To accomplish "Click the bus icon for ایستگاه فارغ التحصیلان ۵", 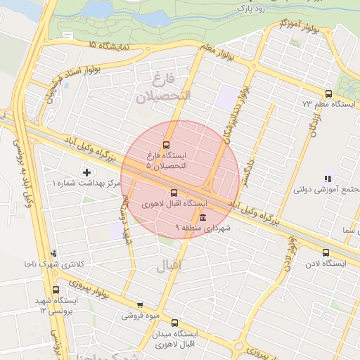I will pos(167,144).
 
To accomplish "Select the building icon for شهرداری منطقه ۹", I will pos(202,217).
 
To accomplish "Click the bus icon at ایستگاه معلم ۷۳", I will pos(328,94).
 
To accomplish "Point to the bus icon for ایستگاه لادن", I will pos(325,252).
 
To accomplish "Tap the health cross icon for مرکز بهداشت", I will pos(86,172).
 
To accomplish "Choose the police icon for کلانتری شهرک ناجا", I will pos(53,253).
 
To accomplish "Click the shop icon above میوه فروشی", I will pos(140,305).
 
